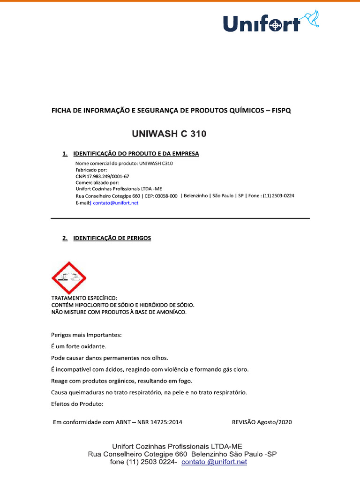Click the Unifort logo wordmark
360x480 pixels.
coord(261,23)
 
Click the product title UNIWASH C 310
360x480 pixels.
coord(169,134)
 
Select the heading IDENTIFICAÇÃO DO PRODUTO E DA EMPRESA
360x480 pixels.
coord(136,154)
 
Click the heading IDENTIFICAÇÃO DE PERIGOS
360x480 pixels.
coord(112,238)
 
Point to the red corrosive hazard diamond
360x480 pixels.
coord(69,278)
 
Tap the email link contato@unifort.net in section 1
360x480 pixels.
coord(116,203)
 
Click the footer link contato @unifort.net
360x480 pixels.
coord(214,462)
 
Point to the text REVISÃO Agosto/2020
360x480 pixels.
coord(262,422)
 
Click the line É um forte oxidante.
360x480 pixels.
coord(79,346)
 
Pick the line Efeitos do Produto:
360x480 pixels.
coord(76,404)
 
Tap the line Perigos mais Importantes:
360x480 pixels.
coord(86,335)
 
